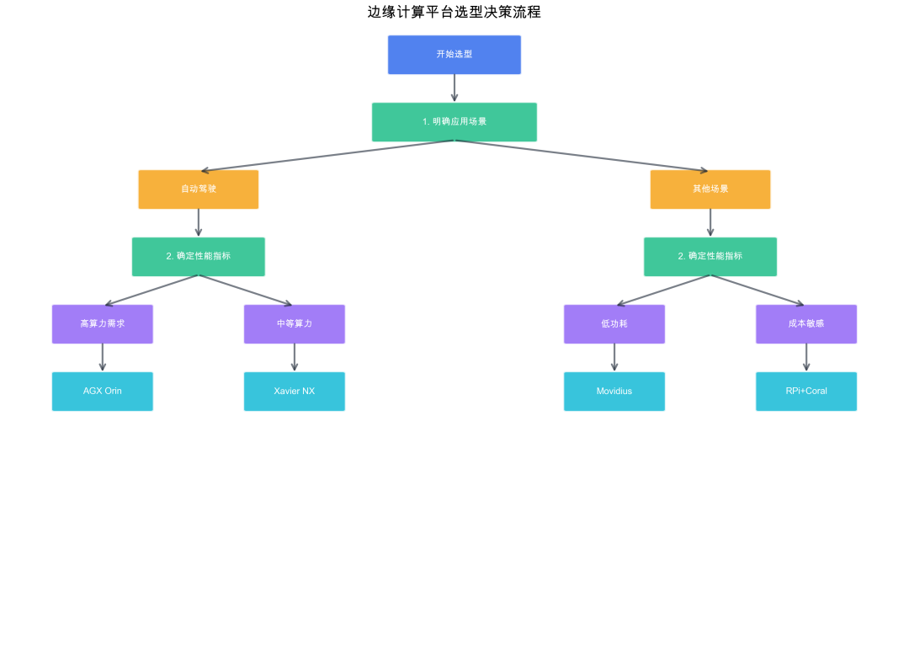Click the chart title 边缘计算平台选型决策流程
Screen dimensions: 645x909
454,12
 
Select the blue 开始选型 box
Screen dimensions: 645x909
454,55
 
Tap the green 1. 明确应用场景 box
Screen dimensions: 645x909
454,122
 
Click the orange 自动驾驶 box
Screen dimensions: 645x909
199,189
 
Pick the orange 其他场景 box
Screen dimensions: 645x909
710,189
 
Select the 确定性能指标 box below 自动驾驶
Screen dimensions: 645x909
199,257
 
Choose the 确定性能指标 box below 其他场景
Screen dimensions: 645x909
710,257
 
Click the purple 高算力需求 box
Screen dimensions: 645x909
103,324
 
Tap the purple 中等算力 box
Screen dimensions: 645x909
295,324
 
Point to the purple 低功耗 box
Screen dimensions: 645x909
614,324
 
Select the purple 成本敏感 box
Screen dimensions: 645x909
806,324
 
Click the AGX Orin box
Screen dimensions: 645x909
103,392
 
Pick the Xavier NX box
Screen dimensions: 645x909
295,392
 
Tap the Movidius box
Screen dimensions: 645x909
614,392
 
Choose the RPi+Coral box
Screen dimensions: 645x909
806,392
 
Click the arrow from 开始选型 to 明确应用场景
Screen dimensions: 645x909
454,88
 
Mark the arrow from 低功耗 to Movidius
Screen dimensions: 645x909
614,357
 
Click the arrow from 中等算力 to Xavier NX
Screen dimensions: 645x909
295,357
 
